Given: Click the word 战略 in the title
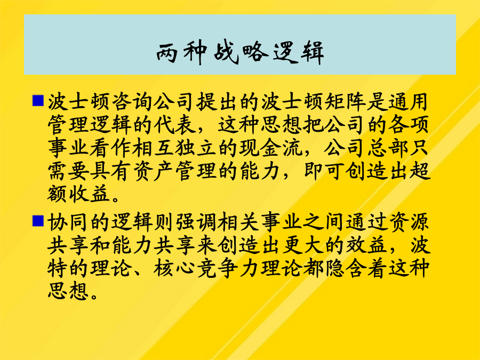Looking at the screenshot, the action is [x=241, y=52].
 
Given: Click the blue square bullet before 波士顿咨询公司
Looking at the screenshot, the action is [x=38, y=100].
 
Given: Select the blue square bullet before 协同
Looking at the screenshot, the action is [x=38, y=221].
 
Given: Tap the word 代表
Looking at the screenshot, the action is [x=174, y=125].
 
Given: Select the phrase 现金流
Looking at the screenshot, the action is [x=270, y=148].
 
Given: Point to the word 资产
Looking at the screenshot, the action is [x=153, y=171].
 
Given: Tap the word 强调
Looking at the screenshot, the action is [x=196, y=222].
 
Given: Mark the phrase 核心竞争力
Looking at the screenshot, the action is [x=206, y=268].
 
